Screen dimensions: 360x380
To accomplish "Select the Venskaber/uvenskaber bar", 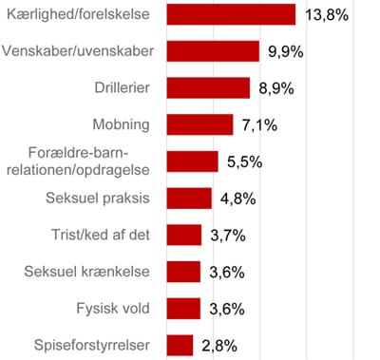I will pyautogui.click(x=213, y=51).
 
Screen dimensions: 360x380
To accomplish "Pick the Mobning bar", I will pyautogui.click(x=199, y=124).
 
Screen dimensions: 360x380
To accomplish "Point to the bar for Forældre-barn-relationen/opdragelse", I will pyautogui.click(x=192, y=161).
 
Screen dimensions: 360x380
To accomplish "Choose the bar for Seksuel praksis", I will pyautogui.click(x=189, y=198).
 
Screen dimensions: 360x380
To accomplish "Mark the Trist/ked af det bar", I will pyautogui.click(x=183, y=235).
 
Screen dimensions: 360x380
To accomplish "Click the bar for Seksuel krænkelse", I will pyautogui.click(x=183, y=272).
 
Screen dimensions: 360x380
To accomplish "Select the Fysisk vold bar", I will pyautogui.click(x=183, y=308).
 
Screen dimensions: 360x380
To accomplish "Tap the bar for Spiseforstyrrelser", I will pyautogui.click(x=180, y=345).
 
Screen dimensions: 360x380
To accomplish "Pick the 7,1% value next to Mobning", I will pyautogui.click(x=260, y=125).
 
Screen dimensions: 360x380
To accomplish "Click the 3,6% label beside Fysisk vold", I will pyautogui.click(x=228, y=309).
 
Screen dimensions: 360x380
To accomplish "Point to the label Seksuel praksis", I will pyautogui.click(x=99, y=198).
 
